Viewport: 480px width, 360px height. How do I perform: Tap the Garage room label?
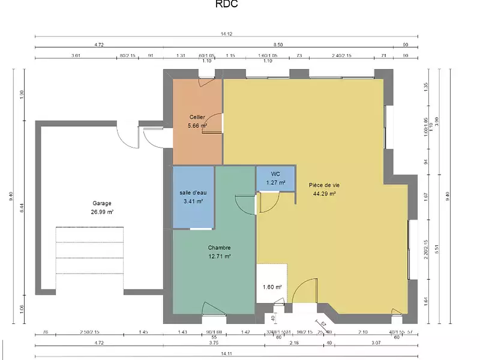click(x=102, y=203)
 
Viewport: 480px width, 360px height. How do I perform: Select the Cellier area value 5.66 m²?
click(x=197, y=125)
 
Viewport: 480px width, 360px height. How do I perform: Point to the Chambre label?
click(x=219, y=248)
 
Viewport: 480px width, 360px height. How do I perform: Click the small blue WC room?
click(x=275, y=178)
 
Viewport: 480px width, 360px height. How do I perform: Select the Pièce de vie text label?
click(x=324, y=185)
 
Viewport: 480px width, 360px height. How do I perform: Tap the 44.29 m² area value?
click(x=324, y=194)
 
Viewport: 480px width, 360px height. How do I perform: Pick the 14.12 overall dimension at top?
click(x=226, y=34)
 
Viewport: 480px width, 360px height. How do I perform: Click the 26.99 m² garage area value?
click(x=102, y=212)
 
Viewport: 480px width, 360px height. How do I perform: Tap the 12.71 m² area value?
click(x=219, y=256)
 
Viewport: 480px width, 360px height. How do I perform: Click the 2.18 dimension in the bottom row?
click(x=293, y=343)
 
